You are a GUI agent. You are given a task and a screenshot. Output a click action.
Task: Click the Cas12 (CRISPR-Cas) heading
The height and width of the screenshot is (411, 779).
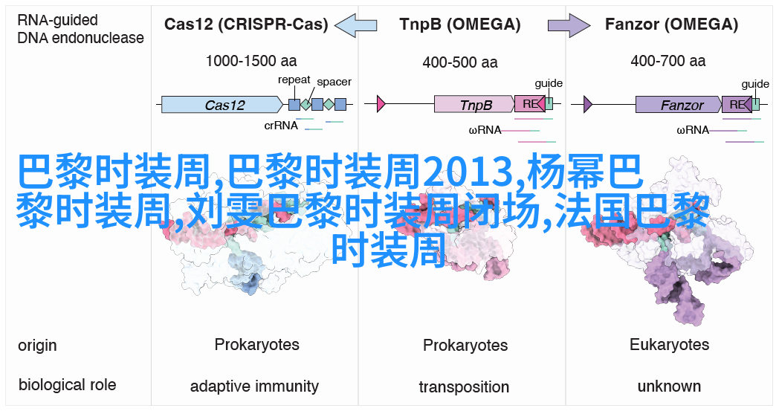click(x=246, y=25)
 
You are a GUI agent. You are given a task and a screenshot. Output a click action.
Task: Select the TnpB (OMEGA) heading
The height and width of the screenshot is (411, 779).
click(x=460, y=25)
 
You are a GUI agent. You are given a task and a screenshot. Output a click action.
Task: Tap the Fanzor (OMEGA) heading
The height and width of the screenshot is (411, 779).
click(x=671, y=25)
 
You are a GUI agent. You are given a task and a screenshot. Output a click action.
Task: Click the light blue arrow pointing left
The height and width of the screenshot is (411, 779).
click(x=356, y=25)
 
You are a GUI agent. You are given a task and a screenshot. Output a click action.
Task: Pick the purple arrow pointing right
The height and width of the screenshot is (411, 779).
click(x=569, y=25)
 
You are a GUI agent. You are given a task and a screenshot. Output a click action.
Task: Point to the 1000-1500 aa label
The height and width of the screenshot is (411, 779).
click(x=251, y=61)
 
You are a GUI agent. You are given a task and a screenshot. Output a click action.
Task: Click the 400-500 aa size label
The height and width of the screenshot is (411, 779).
click(x=460, y=62)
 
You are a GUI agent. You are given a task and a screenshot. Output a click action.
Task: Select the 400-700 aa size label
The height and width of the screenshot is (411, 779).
click(x=668, y=61)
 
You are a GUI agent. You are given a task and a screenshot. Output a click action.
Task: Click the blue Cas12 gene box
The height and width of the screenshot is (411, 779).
click(x=222, y=105)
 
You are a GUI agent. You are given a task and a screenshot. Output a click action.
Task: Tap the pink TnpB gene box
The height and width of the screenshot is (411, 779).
click(x=474, y=104)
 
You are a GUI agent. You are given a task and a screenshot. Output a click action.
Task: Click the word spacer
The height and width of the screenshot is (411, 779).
click(x=334, y=82)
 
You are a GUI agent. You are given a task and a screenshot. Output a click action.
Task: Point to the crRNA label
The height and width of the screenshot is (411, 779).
click(x=281, y=126)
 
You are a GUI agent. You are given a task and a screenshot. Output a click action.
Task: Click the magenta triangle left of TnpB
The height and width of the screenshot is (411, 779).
click(x=381, y=104)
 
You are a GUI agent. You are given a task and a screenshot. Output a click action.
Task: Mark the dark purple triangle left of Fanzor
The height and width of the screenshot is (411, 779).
click(x=588, y=104)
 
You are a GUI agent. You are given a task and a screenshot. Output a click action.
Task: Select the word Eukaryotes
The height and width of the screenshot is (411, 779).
click(x=669, y=344)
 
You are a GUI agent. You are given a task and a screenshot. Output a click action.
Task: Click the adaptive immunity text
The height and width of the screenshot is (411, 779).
click(x=254, y=386)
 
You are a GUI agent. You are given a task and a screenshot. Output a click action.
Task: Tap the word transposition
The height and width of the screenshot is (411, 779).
click(x=464, y=386)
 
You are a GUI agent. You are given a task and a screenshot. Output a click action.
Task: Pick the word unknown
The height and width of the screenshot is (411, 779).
click(x=669, y=386)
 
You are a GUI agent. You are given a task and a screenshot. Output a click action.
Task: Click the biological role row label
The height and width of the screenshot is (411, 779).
click(x=67, y=385)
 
